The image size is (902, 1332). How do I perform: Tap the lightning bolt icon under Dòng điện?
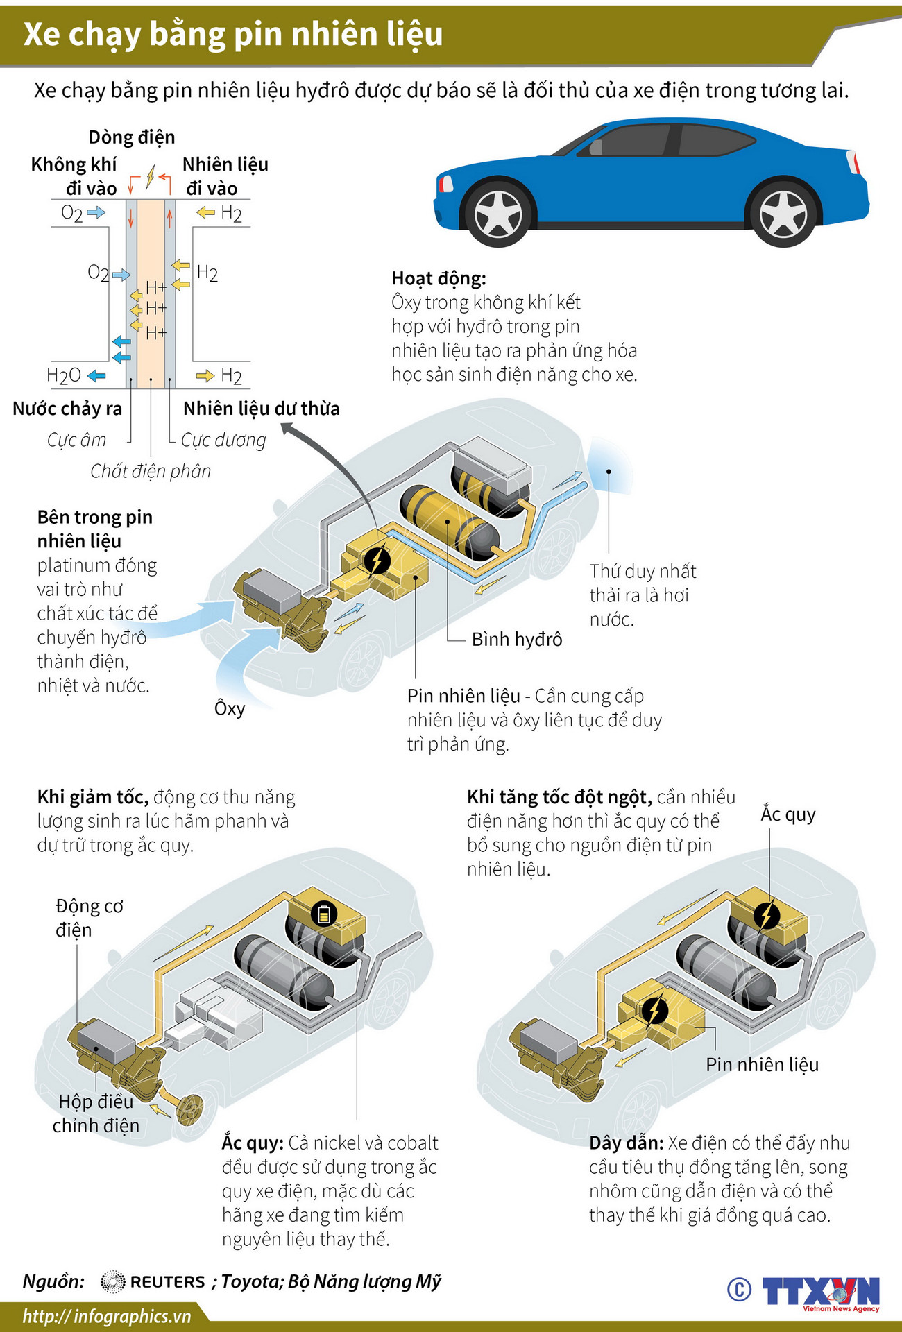(150, 177)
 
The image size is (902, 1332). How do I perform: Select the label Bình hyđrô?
(516, 639)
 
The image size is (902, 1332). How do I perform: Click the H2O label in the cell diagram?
(64, 376)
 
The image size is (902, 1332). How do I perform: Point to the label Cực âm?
(76, 440)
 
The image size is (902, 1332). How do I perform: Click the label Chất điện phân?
(151, 471)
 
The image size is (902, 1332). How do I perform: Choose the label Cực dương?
(223, 440)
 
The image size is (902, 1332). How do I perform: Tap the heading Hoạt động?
(439, 278)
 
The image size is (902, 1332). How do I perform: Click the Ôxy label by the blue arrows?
(230, 708)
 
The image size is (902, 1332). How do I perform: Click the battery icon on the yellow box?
(323, 914)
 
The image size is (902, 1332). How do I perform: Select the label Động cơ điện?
(89, 918)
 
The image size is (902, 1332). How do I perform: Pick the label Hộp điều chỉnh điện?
(96, 1113)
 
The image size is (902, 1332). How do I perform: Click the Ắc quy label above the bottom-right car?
(788, 814)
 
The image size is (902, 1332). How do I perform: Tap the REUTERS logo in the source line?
(153, 1281)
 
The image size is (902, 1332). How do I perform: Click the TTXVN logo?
(821, 1292)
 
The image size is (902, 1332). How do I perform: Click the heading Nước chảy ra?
(67, 409)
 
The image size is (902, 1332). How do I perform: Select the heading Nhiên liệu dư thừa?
(262, 409)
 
